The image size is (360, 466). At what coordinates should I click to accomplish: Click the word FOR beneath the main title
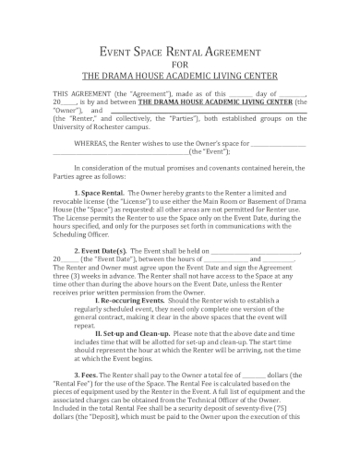point(179,65)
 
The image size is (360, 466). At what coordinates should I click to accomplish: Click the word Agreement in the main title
point(248,52)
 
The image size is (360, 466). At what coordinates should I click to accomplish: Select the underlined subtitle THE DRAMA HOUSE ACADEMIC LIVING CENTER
point(179,77)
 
